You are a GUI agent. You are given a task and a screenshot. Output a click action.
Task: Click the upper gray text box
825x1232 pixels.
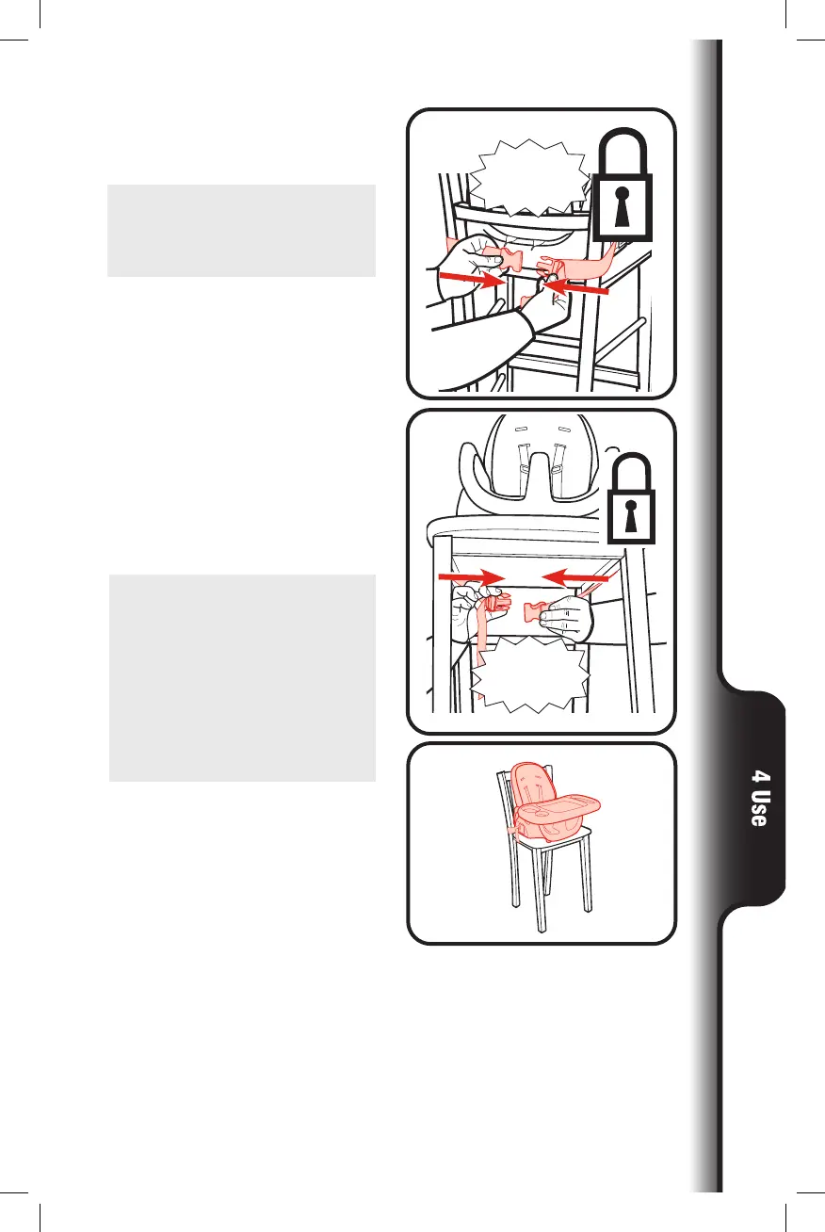(241, 231)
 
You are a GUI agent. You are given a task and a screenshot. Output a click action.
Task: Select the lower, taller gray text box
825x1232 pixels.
(242, 677)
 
